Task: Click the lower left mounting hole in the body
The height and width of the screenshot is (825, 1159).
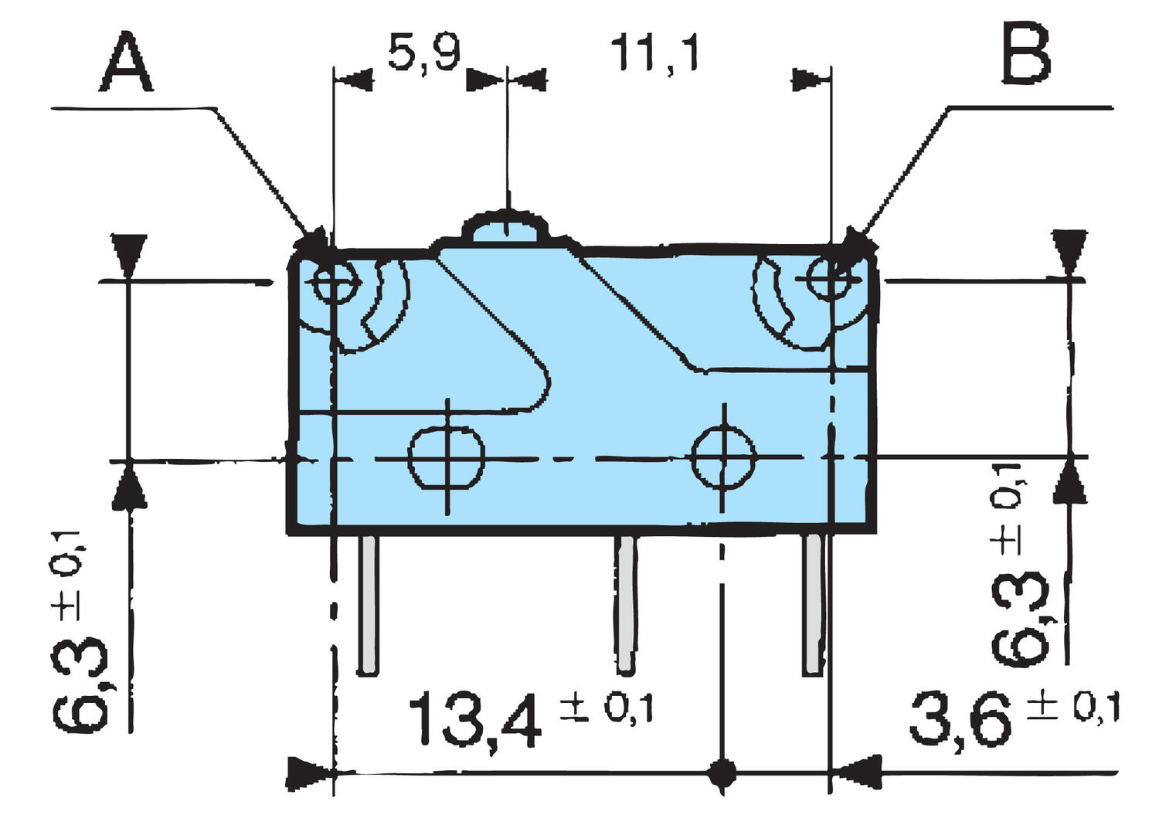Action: coord(446,457)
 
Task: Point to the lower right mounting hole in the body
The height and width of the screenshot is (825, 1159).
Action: coord(723,456)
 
